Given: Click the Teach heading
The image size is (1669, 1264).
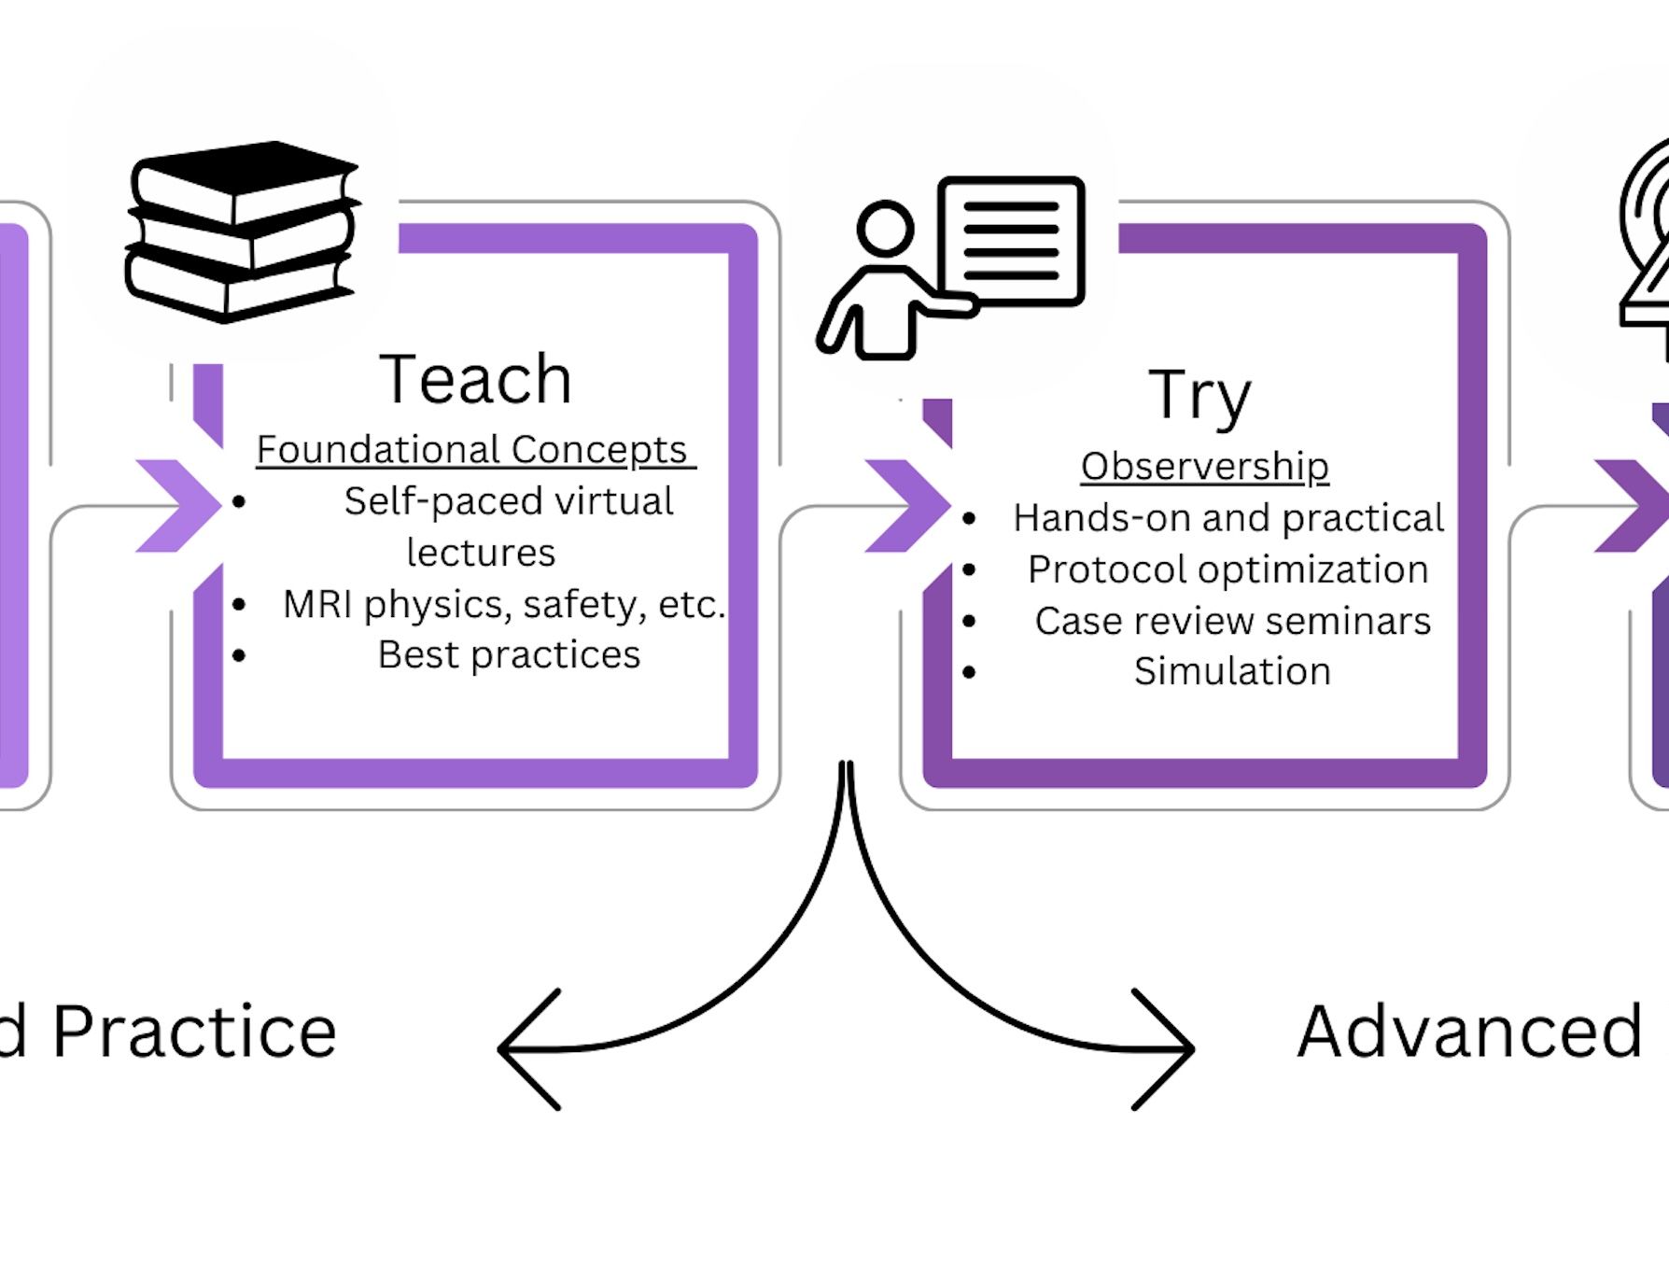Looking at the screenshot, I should click(x=475, y=379).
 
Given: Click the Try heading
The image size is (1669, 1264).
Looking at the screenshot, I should click(x=1199, y=396).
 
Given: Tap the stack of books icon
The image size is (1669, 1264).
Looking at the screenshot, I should click(x=242, y=232).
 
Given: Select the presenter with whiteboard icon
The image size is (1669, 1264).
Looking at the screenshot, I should click(x=952, y=267).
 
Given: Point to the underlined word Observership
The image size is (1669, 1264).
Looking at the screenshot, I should click(x=1204, y=466).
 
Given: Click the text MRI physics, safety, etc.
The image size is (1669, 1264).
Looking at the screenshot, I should click(x=503, y=604).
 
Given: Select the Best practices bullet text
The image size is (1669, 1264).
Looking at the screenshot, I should click(x=509, y=654).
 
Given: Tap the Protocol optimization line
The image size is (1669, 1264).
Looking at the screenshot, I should click(x=1227, y=569).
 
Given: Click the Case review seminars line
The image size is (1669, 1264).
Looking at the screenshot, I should click(x=1232, y=621).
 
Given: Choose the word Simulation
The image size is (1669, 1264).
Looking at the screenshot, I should click(x=1232, y=671).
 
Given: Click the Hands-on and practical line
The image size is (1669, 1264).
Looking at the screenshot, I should click(x=1228, y=518).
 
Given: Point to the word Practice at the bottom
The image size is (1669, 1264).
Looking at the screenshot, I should click(x=194, y=1032).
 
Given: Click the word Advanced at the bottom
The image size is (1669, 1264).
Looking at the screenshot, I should click(x=1469, y=1032).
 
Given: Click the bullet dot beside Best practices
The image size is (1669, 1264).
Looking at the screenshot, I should click(x=239, y=655).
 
